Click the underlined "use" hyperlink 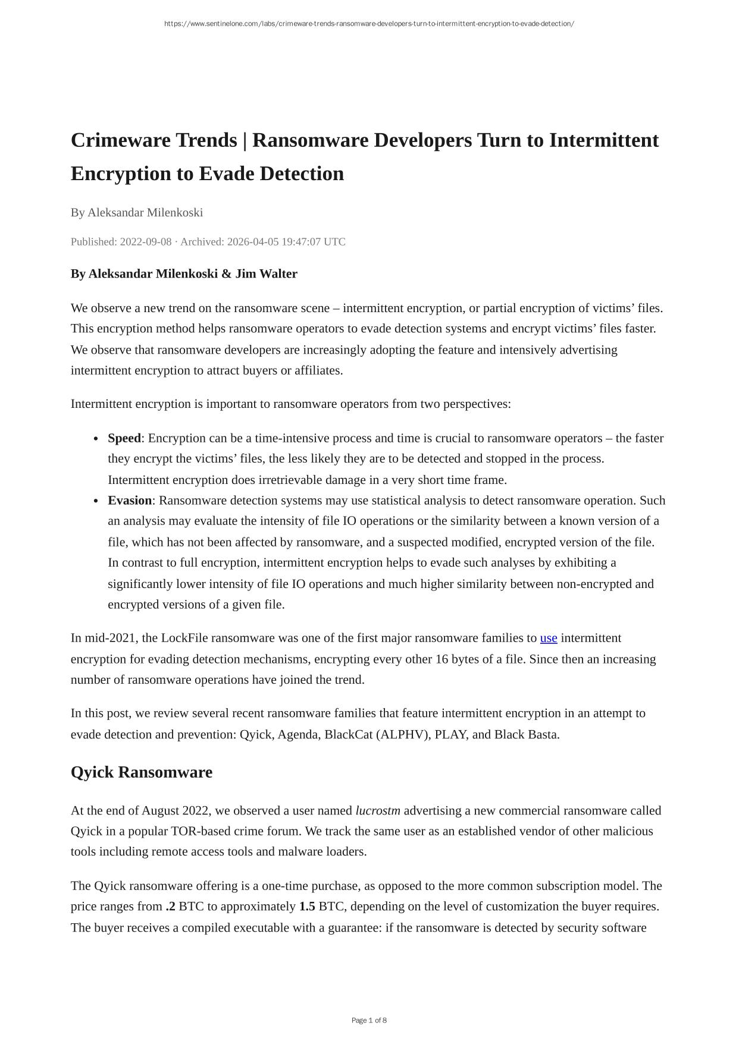click(x=549, y=639)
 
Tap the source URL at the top click(x=369, y=24)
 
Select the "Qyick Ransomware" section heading click(x=142, y=772)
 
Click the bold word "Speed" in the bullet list click(x=124, y=439)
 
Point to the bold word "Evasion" click(x=130, y=501)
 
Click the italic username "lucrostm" click(x=378, y=811)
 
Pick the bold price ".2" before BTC click(x=171, y=907)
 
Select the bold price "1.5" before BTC click(x=307, y=907)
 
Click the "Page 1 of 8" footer click(x=369, y=1020)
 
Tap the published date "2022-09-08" click(x=146, y=242)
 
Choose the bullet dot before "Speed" click(x=96, y=439)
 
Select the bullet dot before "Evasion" click(x=96, y=501)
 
